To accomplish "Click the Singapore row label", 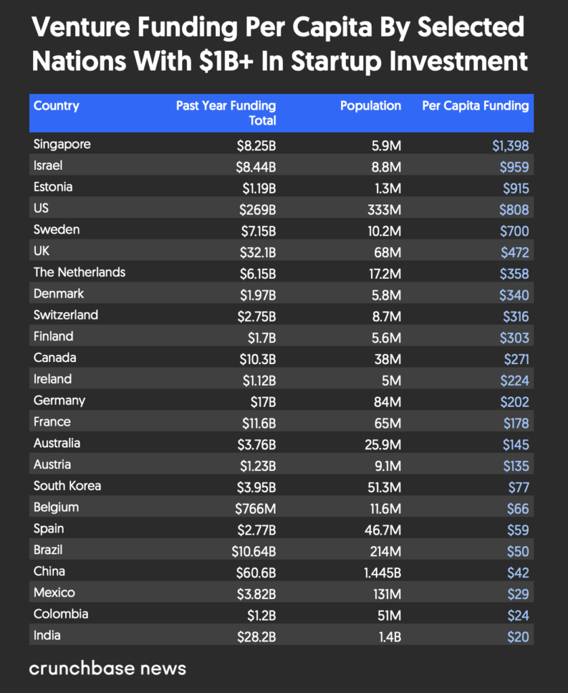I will coord(62,144).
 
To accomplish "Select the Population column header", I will coord(370,106).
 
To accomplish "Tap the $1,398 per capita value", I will coord(510,146).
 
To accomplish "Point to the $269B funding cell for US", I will coord(258,209).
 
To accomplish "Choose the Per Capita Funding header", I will coord(475,106).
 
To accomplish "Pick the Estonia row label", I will coord(53,187).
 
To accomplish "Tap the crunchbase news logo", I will coord(107,669).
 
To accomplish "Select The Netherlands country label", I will coord(80,272).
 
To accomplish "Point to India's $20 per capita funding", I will coord(519,637).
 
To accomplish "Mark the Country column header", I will coord(56,106).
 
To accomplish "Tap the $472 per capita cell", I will coord(515,252).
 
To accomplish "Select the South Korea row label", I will coord(68,486).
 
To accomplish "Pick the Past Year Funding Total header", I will coord(226,112).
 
